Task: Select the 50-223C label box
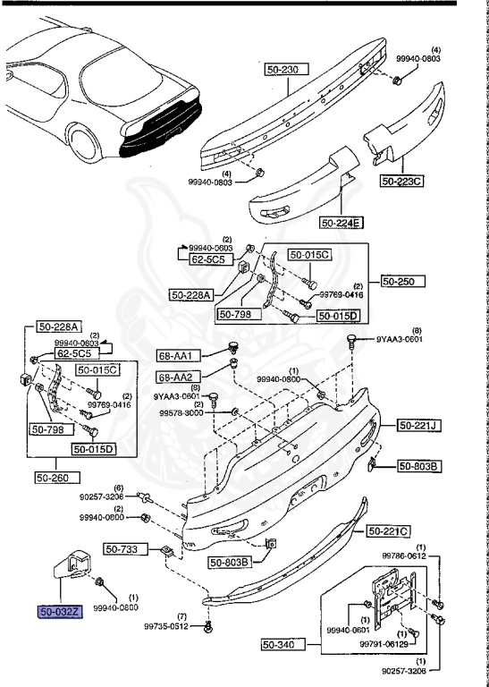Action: point(402,181)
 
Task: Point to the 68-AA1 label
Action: point(176,356)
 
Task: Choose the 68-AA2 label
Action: point(176,377)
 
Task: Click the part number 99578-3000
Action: point(182,414)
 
